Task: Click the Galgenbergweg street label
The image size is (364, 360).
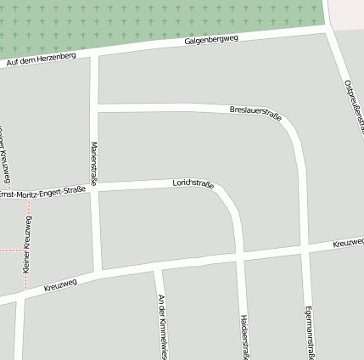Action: click(x=211, y=40)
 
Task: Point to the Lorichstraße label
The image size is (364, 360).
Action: click(x=193, y=183)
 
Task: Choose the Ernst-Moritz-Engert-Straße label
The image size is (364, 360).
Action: click(x=42, y=194)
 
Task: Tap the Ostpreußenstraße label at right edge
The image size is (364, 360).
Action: click(x=355, y=107)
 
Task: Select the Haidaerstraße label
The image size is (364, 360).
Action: click(x=244, y=335)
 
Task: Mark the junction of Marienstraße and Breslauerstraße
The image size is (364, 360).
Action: click(x=95, y=107)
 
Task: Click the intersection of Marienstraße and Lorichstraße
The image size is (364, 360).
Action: click(x=97, y=188)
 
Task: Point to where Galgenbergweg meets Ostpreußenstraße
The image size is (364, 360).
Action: click(x=328, y=30)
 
